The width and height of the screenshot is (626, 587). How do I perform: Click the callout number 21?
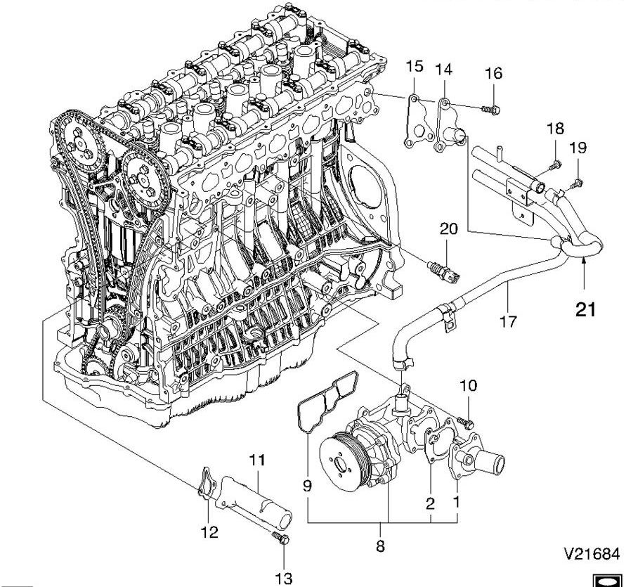[585, 309]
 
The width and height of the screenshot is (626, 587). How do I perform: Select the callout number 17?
[508, 322]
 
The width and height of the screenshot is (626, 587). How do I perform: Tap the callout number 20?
[448, 228]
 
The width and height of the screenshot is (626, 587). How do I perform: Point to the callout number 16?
[494, 73]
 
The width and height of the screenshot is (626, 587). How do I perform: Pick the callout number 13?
[283, 578]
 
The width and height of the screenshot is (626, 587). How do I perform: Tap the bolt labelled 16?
[491, 109]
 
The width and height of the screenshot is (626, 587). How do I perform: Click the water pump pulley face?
[339, 460]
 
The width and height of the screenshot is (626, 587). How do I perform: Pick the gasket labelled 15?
[415, 125]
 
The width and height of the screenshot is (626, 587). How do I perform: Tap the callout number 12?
[209, 531]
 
